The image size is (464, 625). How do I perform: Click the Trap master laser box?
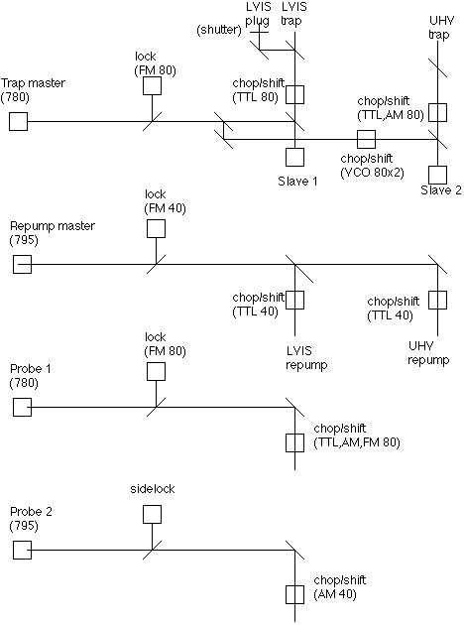click(18, 121)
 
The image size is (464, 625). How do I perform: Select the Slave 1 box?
click(294, 157)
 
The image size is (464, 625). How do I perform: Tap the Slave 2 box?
click(437, 175)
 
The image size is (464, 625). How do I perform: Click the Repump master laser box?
click(22, 264)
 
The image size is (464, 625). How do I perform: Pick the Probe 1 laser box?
click(22, 407)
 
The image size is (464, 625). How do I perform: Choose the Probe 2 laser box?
click(22, 550)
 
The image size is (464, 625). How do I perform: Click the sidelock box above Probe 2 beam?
click(152, 514)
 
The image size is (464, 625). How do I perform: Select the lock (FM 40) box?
click(156, 228)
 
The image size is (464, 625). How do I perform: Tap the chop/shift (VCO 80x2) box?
click(366, 139)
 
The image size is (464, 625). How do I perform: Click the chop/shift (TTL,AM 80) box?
click(437, 112)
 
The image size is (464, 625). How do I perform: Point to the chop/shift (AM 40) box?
click(294, 594)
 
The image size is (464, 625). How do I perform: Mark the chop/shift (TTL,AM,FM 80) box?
click(294, 442)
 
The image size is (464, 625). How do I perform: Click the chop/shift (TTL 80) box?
click(294, 94)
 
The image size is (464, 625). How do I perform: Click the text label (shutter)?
click(219, 30)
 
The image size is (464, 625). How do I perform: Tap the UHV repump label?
click(428, 353)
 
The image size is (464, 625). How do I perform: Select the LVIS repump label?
click(306, 358)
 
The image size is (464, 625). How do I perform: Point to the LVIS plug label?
click(258, 14)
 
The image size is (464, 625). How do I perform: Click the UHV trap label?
click(439, 27)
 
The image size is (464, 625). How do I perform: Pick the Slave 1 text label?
click(297, 182)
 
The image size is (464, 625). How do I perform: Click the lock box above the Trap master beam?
click(152, 85)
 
